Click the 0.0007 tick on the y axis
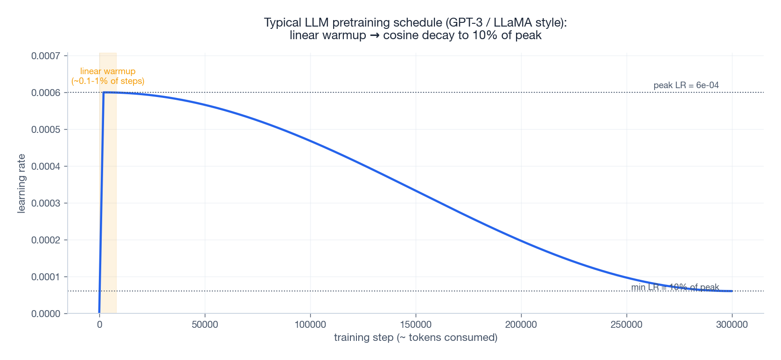tap(46, 56)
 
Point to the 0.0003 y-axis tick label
tap(46, 203)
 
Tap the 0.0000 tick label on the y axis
tap(46, 314)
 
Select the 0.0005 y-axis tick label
tap(46, 130)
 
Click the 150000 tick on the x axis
tap(416, 325)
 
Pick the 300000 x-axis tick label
tap(732, 325)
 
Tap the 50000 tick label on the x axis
tap(205, 325)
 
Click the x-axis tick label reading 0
tap(99, 325)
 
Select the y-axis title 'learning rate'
tap(21, 184)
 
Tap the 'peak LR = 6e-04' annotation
tap(686, 85)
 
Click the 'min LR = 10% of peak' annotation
tap(675, 287)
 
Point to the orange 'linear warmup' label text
tap(108, 71)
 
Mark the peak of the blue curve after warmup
tap(104, 92)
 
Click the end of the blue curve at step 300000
tap(732, 291)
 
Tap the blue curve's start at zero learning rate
tap(99, 312)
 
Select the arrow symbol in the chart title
tap(375, 35)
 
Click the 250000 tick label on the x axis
tap(627, 325)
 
